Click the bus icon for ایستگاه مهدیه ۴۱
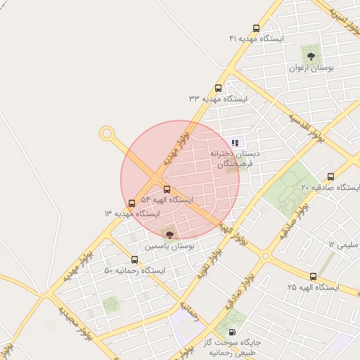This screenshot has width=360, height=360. [x=256, y=30]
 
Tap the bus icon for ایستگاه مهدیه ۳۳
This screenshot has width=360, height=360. [x=218, y=89]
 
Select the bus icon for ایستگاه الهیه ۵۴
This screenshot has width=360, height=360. [x=167, y=189]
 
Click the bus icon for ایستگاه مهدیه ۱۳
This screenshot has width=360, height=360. [x=132, y=204]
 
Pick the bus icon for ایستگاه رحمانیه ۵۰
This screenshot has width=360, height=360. [x=134, y=260]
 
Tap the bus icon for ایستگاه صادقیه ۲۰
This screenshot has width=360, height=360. [x=331, y=176]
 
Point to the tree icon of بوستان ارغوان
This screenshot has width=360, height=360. [x=310, y=55]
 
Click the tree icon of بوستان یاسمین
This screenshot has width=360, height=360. [x=169, y=233]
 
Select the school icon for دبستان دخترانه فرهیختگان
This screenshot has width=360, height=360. [x=234, y=142]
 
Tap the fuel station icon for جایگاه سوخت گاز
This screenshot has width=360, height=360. [x=233, y=332]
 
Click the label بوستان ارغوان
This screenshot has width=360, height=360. [x=311, y=68]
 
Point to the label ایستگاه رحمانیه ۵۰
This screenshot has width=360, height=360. [x=134, y=271]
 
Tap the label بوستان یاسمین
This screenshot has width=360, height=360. [x=169, y=247]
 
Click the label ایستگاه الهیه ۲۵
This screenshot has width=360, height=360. [x=313, y=288]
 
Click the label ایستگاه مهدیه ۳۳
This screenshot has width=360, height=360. [x=218, y=99]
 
